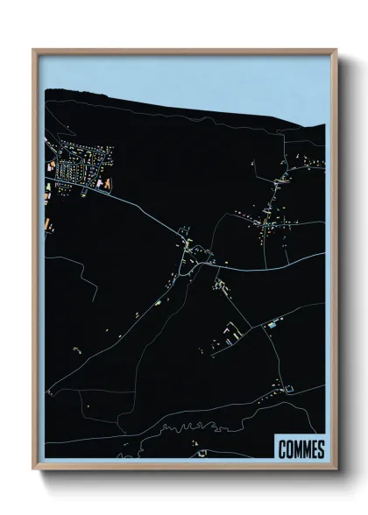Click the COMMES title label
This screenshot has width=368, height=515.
click(x=301, y=450)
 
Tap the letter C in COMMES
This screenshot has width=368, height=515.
click(x=282, y=450)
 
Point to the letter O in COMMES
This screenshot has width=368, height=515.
click(x=290, y=450)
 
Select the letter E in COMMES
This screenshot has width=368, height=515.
click(x=314, y=450)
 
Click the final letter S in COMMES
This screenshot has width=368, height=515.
click(x=321, y=450)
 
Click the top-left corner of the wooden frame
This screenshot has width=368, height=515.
click(x=33, y=50)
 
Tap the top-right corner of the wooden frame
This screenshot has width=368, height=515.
click(x=335, y=50)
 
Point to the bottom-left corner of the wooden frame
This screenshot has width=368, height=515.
click(x=33, y=469)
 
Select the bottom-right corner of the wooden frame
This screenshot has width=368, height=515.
click(x=335, y=469)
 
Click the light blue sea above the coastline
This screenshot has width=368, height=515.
click(x=175, y=74)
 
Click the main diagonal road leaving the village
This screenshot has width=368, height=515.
click(x=140, y=210)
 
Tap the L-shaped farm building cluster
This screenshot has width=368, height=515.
click(x=232, y=331)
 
